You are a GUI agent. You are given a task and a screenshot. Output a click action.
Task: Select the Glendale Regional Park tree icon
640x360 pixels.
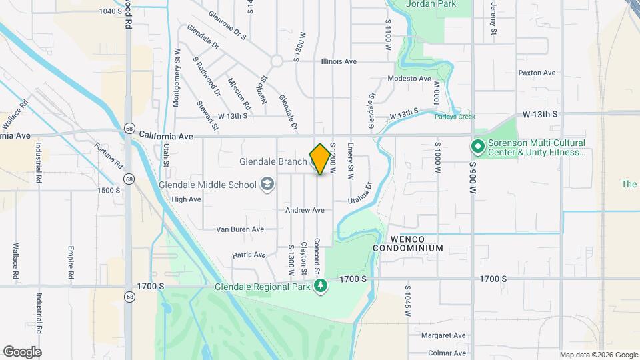point(321,287)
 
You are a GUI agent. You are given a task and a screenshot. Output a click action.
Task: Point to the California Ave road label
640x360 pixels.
point(166,136)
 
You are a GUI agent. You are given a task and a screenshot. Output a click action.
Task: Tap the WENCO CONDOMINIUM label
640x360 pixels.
point(408,243)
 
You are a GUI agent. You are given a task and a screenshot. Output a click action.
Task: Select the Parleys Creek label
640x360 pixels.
point(455,117)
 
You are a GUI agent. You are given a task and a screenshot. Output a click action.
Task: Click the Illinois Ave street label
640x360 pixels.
point(339,61)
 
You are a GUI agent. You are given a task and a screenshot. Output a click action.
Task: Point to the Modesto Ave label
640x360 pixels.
point(410,79)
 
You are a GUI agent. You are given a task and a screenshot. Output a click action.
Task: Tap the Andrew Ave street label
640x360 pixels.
point(305,210)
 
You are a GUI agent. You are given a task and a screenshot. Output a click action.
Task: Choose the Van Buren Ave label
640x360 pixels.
point(240,229)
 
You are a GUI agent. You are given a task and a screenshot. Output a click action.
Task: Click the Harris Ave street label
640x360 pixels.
point(249,255)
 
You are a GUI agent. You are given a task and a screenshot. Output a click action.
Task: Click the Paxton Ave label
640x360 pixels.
point(537,73)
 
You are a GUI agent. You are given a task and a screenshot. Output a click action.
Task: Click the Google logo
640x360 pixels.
point(22,351)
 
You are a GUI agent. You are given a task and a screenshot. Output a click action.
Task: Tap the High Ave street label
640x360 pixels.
point(186,199)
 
